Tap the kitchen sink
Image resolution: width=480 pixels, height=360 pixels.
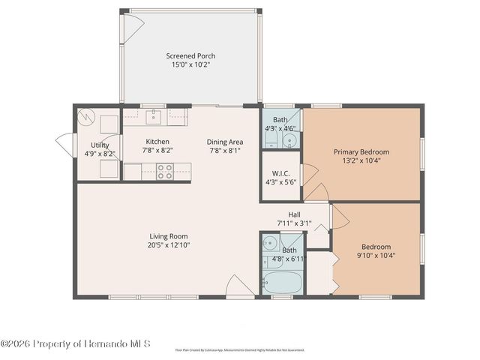coord(153,116)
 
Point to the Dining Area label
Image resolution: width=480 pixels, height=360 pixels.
coord(225,142)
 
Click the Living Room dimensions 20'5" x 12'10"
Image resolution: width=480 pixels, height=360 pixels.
coord(169,244)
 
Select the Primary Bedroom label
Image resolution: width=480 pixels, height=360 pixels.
coord(361,151)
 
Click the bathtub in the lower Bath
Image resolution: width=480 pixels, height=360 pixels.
coord(282,283)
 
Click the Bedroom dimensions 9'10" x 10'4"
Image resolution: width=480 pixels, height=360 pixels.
coord(376,256)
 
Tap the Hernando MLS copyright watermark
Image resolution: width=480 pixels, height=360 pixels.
coord(76,344)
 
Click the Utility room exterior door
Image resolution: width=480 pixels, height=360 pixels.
coord(64,144)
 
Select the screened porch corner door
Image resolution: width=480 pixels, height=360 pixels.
coord(132,28)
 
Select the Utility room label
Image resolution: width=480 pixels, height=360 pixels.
coord(100,145)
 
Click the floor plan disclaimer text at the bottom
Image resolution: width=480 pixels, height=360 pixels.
coord(239,349)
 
